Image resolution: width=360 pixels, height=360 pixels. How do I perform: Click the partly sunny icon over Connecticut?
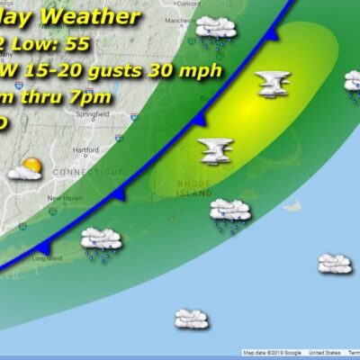[x=26, y=168]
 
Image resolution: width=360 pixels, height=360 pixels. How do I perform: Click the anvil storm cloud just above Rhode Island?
[x=216, y=150]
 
